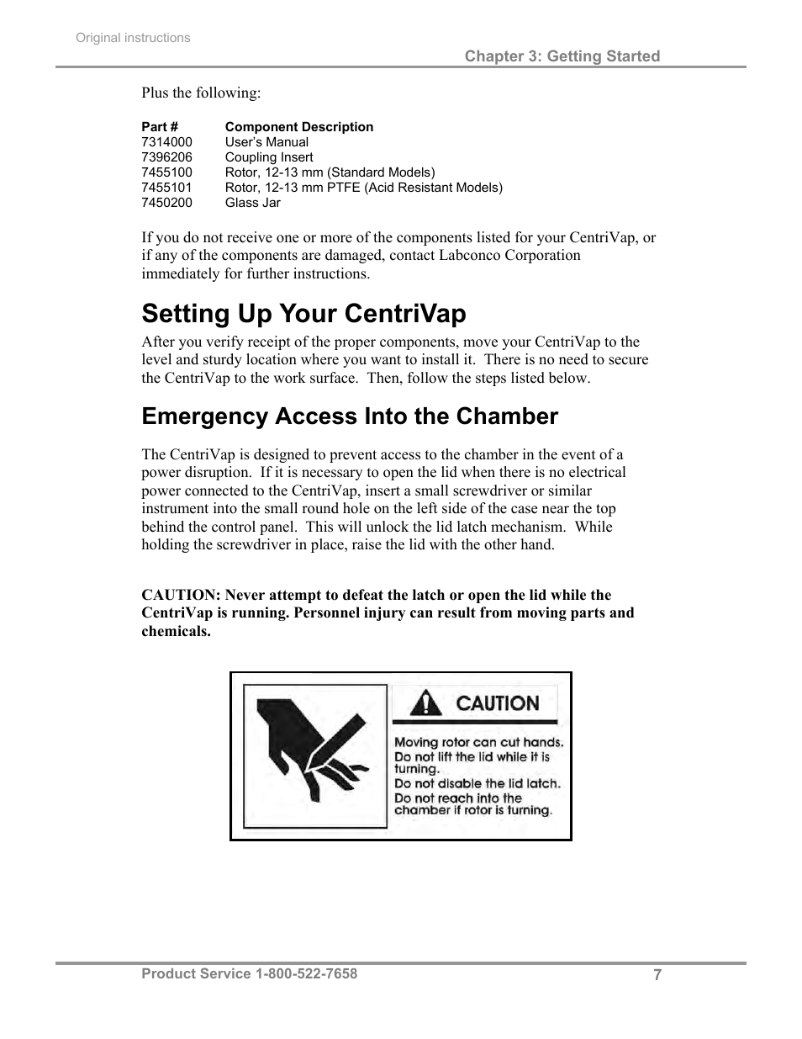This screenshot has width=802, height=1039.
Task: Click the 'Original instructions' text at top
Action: pos(133,38)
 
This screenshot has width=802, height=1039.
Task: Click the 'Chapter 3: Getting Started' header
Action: pos(562,56)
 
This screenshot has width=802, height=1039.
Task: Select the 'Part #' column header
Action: pos(160,127)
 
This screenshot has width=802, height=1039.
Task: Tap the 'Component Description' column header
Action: pos(298,127)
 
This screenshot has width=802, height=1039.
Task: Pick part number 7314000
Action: pos(166,142)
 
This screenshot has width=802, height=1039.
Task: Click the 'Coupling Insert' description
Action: pos(268,157)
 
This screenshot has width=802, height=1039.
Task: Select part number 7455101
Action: pos(166,188)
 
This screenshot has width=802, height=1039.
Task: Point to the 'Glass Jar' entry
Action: pos(252,203)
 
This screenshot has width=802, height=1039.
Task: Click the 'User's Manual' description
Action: pos(266,142)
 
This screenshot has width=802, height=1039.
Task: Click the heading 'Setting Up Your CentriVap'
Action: pos(303,314)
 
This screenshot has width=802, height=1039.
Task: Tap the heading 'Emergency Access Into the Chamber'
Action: pos(350,416)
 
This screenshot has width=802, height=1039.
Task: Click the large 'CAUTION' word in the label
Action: pos(497,702)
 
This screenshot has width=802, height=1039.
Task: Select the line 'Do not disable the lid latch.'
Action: pos(477,783)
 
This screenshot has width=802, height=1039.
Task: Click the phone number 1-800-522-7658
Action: pos(306,973)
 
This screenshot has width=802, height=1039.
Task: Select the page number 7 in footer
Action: pos(657,975)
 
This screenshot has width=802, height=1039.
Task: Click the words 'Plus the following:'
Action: pos(201,93)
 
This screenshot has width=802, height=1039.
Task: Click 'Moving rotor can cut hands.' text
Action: pos(478,742)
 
